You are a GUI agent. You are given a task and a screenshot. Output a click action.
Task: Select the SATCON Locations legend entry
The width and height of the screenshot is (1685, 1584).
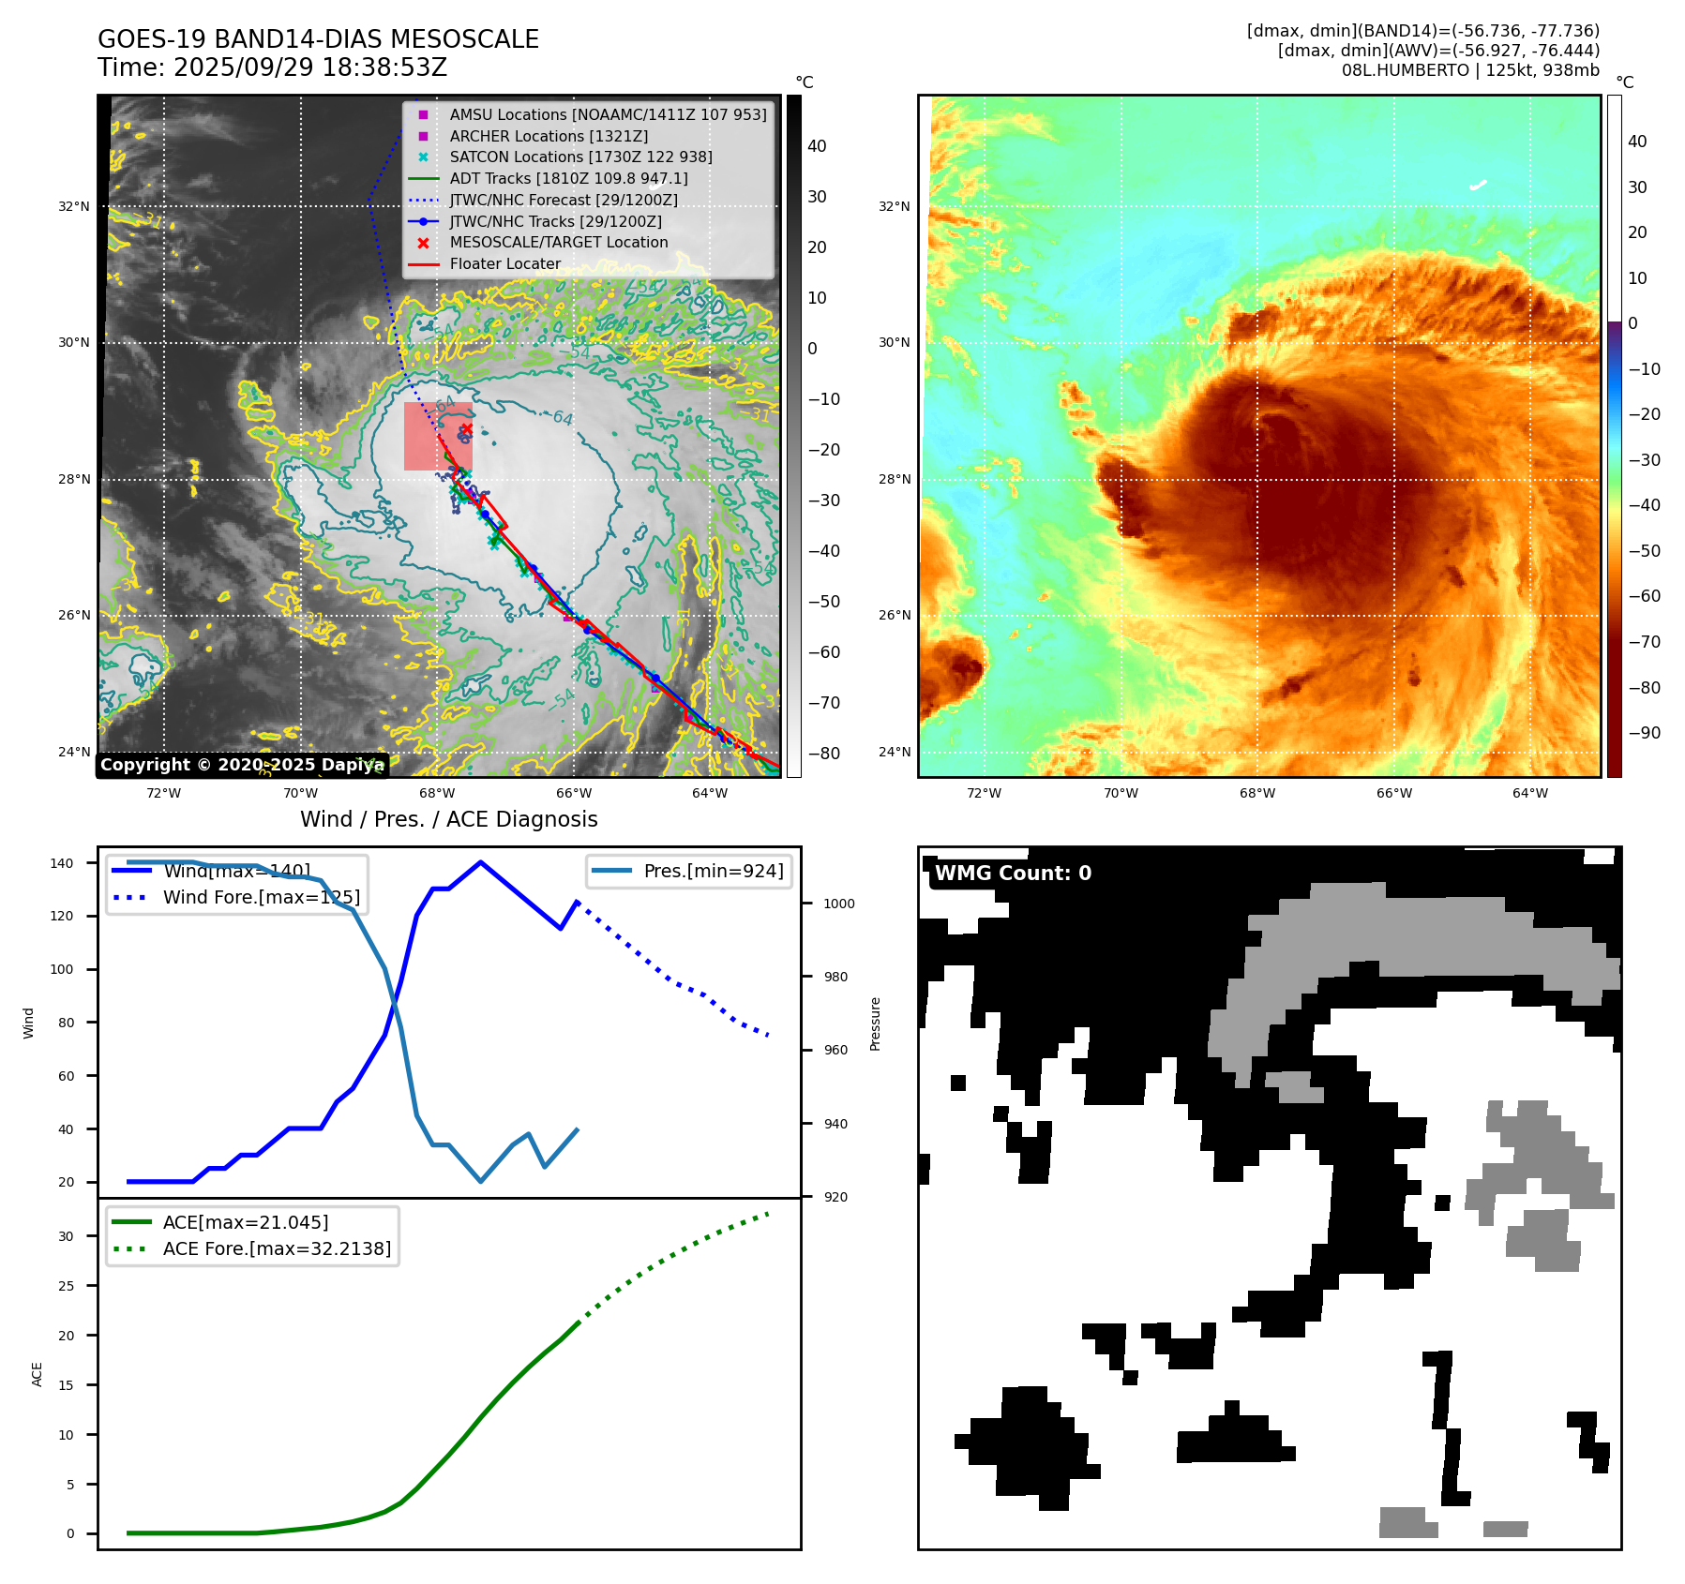580,157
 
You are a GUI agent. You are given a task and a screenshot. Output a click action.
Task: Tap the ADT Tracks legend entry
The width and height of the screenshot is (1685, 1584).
568,178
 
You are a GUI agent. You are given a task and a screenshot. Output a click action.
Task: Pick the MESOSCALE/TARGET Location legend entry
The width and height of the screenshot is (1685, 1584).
558,243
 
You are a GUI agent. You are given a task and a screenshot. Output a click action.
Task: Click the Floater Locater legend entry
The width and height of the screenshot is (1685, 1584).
504,264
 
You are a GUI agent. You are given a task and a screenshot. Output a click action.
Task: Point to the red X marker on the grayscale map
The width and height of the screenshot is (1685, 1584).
466,429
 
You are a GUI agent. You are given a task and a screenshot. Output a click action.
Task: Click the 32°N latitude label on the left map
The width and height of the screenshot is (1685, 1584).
74,206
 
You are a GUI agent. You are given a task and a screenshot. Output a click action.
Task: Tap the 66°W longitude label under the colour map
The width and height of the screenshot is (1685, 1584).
1393,793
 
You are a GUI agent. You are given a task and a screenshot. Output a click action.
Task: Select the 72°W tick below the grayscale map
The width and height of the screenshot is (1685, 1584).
164,793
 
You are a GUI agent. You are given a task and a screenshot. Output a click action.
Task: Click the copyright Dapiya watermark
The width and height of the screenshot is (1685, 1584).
242,765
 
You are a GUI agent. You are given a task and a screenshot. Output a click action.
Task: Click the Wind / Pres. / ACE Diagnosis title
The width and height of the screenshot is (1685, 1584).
448,819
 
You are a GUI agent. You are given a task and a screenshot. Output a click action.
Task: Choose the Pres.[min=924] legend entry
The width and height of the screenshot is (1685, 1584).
713,871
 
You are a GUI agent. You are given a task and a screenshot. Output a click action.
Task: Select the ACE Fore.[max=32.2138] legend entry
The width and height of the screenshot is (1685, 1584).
277,1248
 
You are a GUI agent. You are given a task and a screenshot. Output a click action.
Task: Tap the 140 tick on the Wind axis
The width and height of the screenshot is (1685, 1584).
62,863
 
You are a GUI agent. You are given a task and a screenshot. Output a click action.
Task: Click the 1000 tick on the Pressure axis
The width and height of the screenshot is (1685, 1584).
838,904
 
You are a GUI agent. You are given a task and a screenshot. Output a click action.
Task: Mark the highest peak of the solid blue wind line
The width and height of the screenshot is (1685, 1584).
480,862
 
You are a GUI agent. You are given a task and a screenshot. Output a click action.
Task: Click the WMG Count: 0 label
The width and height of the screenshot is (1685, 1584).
1013,874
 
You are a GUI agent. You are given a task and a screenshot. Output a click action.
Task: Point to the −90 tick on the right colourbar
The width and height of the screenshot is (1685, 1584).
1643,733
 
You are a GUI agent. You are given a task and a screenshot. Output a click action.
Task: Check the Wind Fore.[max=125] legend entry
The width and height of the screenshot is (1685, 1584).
261,897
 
